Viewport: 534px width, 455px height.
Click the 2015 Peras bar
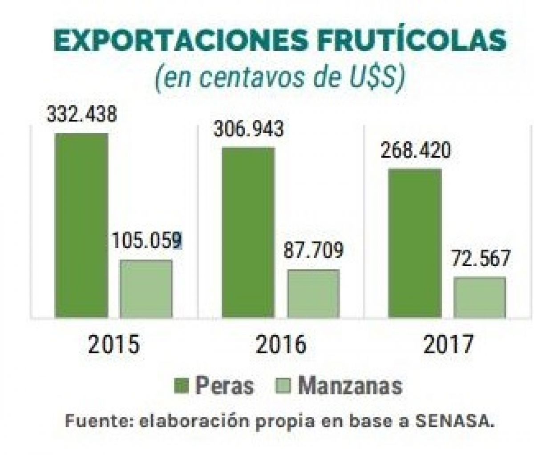(x=81, y=225)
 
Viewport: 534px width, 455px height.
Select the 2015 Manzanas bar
(x=146, y=288)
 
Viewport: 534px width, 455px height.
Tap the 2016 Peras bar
(x=248, y=232)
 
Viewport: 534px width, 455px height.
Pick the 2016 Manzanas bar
(x=313, y=293)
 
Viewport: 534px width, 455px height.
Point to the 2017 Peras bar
(x=415, y=243)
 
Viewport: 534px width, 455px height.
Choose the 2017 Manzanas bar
(x=480, y=297)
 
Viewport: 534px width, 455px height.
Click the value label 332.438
(x=82, y=114)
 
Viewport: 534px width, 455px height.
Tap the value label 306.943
(x=248, y=129)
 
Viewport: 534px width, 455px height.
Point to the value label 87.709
(x=313, y=251)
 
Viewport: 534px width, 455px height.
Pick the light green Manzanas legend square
(x=283, y=386)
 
